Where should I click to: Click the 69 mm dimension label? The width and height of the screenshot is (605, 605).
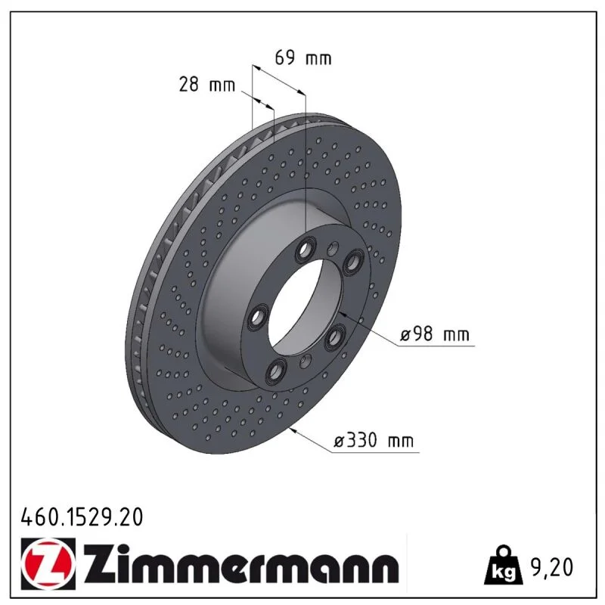[x=303, y=58]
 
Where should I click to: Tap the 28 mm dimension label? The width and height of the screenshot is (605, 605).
[x=206, y=84]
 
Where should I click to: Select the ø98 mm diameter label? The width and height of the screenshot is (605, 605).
[x=434, y=334]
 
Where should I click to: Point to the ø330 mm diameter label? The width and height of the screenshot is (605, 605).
[x=374, y=440]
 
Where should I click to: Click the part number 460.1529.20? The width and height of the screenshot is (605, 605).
[x=82, y=517]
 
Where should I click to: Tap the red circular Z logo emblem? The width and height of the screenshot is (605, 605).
[x=48, y=563]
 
